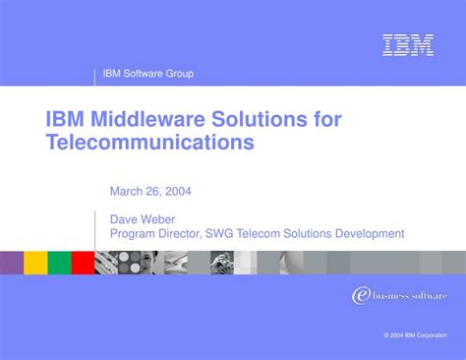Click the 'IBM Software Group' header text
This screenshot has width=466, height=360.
point(149,74)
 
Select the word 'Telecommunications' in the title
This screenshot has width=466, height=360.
point(149,143)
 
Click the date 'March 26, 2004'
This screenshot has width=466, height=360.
point(149,192)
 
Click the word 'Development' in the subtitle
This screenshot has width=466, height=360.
point(370,234)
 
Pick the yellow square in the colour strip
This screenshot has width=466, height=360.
point(35,262)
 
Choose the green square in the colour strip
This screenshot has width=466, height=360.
point(59,262)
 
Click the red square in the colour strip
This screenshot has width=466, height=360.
point(83,262)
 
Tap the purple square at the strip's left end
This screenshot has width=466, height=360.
point(12,262)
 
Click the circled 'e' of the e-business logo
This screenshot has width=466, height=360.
point(360,296)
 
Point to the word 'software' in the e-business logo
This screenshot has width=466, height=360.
point(428,295)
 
